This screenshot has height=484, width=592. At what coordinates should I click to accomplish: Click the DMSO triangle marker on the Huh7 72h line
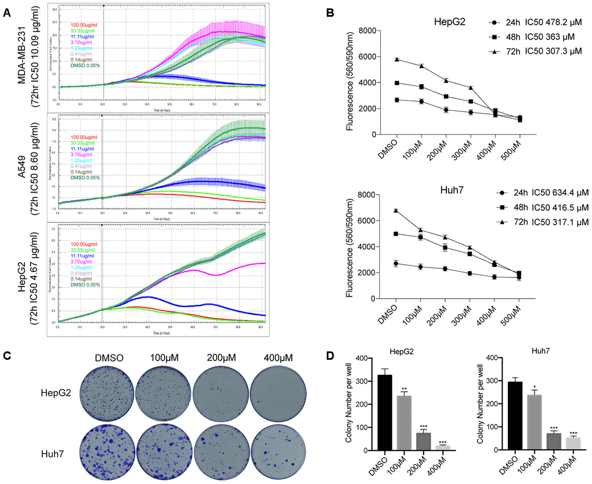click(x=396, y=211)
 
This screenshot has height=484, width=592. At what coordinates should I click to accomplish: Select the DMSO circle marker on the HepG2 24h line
click(x=396, y=100)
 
